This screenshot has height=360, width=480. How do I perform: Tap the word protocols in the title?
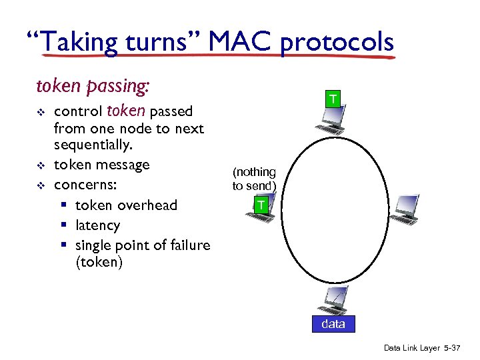pos(337,43)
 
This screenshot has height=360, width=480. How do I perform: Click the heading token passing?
pos(93,87)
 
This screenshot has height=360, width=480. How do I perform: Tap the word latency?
pos(97,225)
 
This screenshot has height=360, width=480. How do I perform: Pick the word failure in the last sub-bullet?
pos(186,245)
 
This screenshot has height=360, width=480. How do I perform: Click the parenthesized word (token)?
pos(99,262)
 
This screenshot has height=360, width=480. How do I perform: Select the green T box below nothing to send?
pos(262,205)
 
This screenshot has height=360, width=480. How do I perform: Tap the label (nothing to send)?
pos(254,179)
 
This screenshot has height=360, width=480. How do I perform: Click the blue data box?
pos(333,324)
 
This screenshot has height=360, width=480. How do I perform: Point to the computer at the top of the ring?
pos(331,123)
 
